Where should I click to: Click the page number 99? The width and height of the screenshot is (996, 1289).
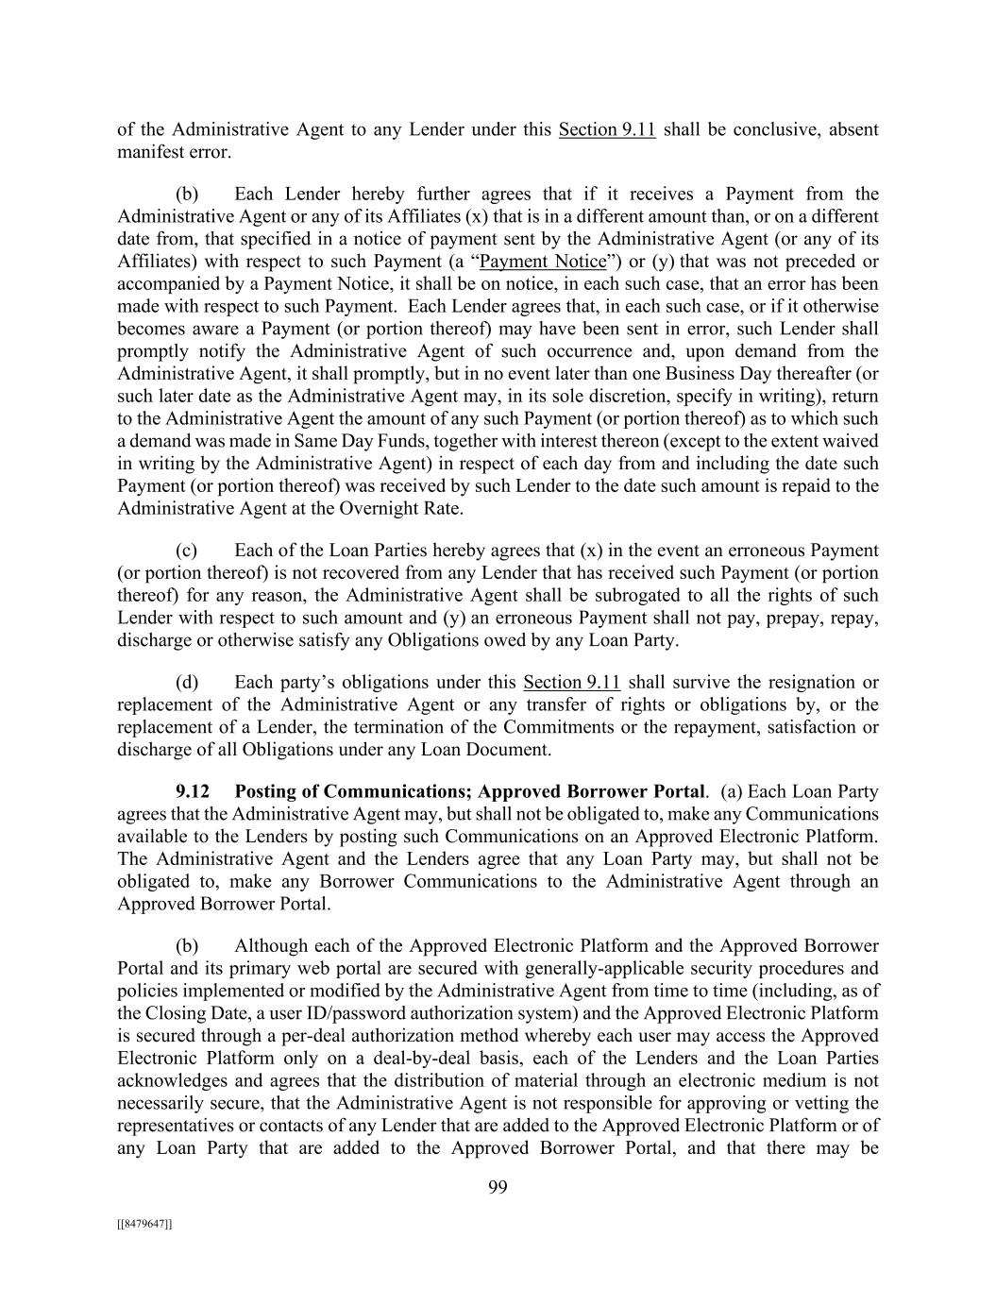coord(498,1188)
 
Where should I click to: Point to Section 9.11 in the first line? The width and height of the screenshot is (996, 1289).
coord(607,129)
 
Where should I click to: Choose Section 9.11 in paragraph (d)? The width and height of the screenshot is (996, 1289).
coord(571,682)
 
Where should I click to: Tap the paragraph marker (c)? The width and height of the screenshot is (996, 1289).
coord(186,551)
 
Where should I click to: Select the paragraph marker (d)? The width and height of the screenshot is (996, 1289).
coord(186,682)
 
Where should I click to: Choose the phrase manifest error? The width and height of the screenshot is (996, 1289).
coord(174,152)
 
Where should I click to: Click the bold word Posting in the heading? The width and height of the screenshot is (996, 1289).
coord(267,791)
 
